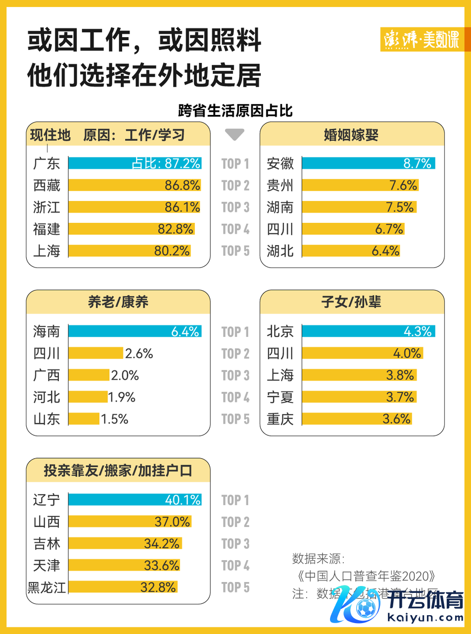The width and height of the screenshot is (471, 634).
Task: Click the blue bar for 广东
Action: click(135, 163)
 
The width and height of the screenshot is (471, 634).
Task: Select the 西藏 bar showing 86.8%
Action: click(135, 185)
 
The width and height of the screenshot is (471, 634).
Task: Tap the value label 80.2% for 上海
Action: click(172, 251)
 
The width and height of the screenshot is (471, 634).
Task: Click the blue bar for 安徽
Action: click(368, 163)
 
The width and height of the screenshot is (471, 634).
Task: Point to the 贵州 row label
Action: click(280, 185)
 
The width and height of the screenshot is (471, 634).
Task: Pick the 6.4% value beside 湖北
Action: click(385, 251)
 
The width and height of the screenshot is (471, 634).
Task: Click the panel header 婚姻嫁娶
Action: click(352, 135)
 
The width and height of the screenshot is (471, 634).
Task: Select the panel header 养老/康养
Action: click(118, 303)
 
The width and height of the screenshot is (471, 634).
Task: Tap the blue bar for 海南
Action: click(135, 331)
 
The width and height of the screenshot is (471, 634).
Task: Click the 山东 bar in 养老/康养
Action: click(84, 419)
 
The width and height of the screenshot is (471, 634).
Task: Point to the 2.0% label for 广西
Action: click(125, 375)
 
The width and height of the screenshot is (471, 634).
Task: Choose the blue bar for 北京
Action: click(368, 331)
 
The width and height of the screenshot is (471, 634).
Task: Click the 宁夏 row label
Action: click(280, 397)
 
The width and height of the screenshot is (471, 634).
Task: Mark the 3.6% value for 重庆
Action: click(397, 419)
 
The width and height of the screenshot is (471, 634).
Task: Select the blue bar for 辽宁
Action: click(135, 499)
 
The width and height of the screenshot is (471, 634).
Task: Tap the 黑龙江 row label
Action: click(47, 587)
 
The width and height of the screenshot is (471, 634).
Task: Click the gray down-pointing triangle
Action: click(235, 135)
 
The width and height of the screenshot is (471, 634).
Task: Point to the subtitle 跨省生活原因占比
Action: click(235, 110)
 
